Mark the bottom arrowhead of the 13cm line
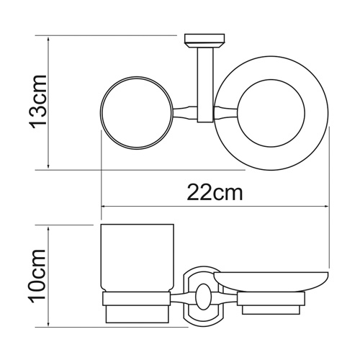pyautogui.click(x=48, y=167)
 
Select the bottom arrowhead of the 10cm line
pyautogui.click(x=48, y=323)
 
